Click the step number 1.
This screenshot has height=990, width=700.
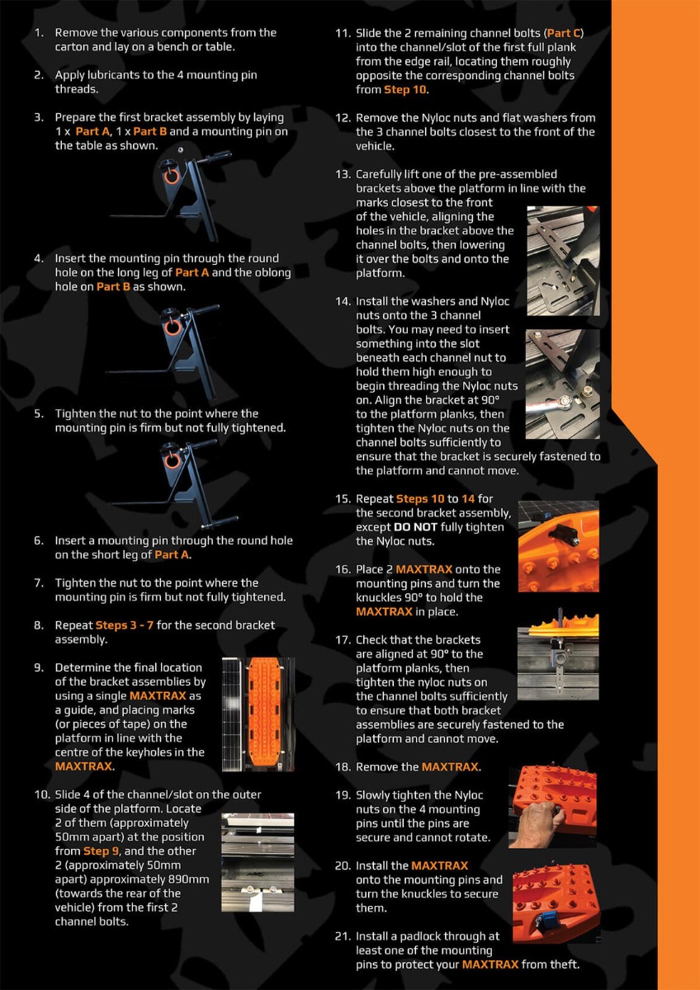pyautogui.click(x=39, y=33)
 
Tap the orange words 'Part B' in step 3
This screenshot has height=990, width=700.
pyautogui.click(x=150, y=131)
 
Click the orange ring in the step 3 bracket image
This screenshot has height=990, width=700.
pyautogui.click(x=172, y=176)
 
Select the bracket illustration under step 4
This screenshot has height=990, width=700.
pyautogui.click(x=163, y=351)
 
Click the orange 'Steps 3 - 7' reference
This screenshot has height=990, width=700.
pyautogui.click(x=125, y=625)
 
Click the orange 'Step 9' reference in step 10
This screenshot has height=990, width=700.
pyautogui.click(x=102, y=851)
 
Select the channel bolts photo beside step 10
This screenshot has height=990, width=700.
pyautogui.click(x=258, y=862)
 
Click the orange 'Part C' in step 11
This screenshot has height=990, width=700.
pyautogui.click(x=564, y=33)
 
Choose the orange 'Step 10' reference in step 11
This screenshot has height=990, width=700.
pyautogui.click(x=404, y=90)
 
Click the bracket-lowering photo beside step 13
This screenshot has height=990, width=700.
pyautogui.click(x=563, y=261)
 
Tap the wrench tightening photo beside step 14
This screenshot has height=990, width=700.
pyautogui.click(x=562, y=384)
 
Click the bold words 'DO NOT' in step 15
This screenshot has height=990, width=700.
pyautogui.click(x=415, y=527)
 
